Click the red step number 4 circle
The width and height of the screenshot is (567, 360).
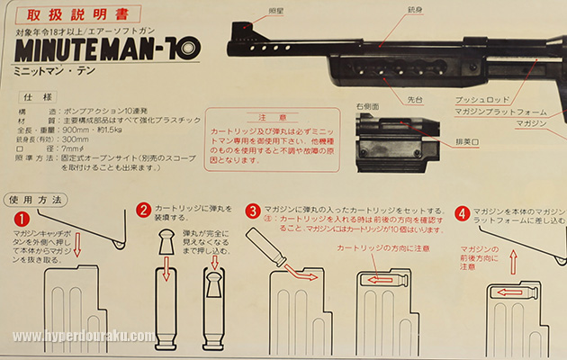[462, 214]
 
